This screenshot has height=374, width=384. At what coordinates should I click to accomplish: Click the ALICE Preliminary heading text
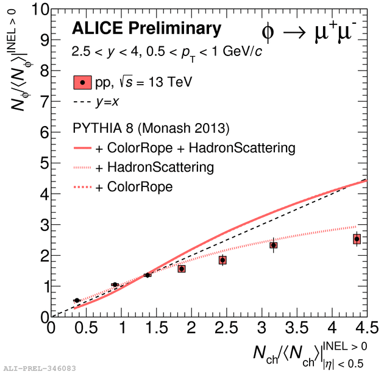coord(146,29)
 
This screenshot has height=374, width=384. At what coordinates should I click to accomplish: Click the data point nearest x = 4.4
coord(357,239)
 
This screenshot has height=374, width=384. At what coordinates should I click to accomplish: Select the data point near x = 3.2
coord(274,245)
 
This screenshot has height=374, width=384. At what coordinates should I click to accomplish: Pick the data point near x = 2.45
coord(223,260)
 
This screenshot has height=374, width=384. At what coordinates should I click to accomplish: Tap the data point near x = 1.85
coord(182,269)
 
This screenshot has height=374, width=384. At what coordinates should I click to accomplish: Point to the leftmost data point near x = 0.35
coord(77,300)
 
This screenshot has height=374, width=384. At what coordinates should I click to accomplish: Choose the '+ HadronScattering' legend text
coord(160,168)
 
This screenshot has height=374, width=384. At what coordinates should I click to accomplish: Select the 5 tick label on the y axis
coord(42,164)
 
